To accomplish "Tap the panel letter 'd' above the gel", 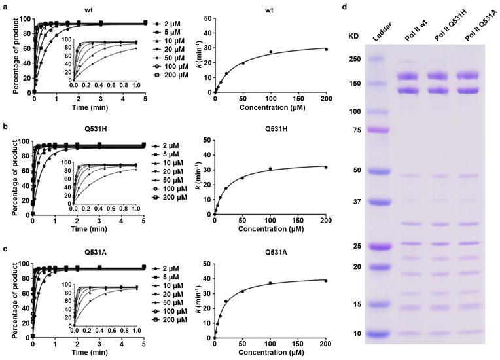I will point(344,5).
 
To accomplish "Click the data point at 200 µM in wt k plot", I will point(326,49).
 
